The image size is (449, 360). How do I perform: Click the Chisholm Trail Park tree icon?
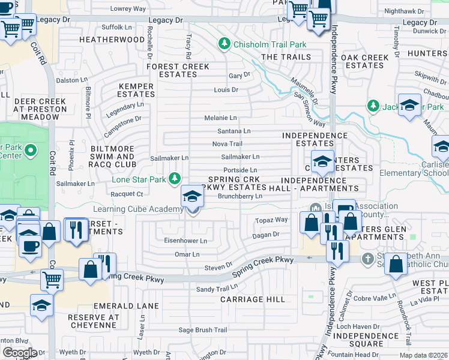pos(224,44)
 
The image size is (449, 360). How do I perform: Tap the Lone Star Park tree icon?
pos(175,178)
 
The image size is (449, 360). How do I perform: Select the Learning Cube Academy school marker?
pos(191,196)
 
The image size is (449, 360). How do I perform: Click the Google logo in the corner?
pos(20,352)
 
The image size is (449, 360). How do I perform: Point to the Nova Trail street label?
pos(228,144)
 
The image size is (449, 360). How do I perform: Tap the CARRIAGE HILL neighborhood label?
pos(250,299)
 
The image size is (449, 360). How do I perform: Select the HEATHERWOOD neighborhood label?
pos(112,40)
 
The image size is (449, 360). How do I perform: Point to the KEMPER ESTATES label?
pos(136,91)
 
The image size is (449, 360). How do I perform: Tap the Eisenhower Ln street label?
pos(185,241)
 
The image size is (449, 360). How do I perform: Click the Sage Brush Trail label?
pos(203,330)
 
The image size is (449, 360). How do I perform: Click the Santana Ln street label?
pos(234,131)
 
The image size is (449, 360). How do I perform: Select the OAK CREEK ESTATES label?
pos(365,62)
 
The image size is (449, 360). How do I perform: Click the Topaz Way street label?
pos(271,220)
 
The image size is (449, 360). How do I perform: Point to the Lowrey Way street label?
pos(128,9)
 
